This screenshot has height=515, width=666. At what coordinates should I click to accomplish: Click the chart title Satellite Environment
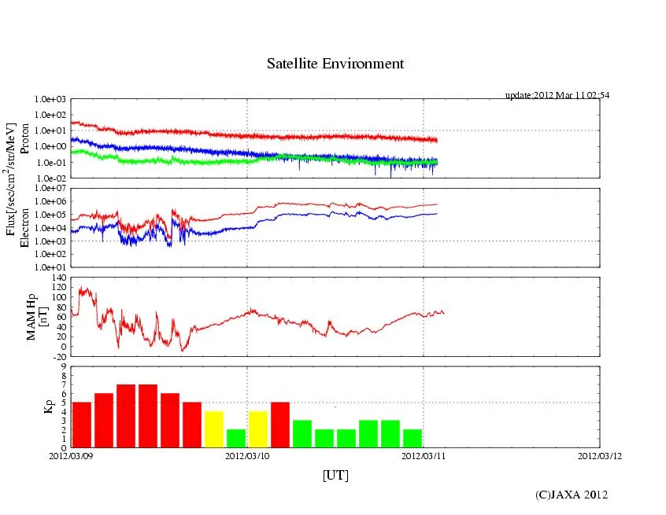[335, 64]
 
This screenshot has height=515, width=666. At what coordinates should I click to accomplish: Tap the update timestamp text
[557, 95]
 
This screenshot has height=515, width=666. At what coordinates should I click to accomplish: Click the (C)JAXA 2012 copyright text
[572, 494]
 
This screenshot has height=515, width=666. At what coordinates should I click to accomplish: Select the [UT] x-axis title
[335, 475]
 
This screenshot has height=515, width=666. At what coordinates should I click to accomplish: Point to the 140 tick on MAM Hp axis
[58, 278]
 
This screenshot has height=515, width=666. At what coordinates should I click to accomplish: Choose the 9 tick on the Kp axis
[63, 366]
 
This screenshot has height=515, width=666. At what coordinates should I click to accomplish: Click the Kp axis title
[48, 406]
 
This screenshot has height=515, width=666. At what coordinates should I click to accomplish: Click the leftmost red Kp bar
[82, 425]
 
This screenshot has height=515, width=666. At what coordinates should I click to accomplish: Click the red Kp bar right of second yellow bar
[280, 425]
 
